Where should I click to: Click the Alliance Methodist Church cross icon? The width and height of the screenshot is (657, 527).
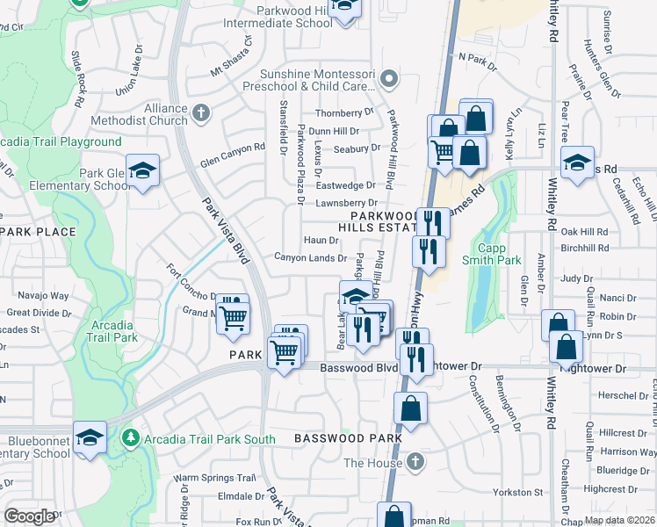click(201, 112)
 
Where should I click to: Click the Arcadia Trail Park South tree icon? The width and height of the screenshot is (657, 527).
click(131, 437)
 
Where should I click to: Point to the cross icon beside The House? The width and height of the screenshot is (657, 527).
click(420, 462)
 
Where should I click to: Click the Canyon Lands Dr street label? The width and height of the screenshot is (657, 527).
click(310, 257)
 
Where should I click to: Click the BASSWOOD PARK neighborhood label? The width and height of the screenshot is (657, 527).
click(348, 437)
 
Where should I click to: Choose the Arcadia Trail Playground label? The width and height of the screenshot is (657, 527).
click(61, 142)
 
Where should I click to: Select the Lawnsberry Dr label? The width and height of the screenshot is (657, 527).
click(346, 203)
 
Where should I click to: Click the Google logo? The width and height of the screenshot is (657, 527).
click(29, 516)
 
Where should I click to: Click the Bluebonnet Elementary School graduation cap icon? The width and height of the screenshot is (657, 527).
click(90, 437)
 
